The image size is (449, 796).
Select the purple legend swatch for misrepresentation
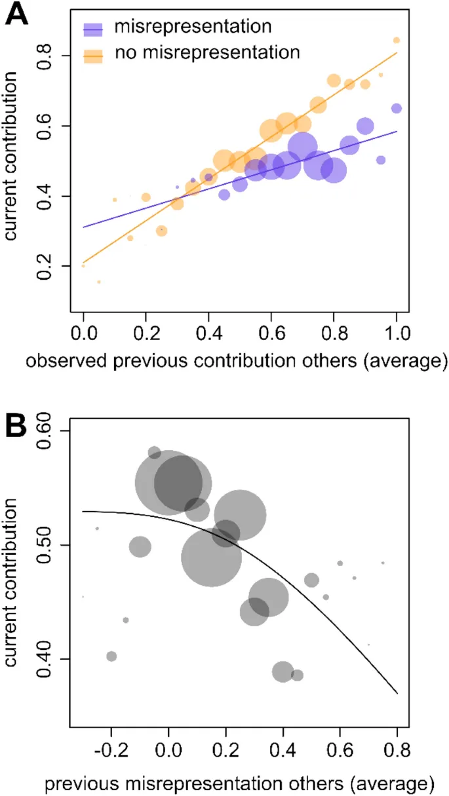pyautogui.click(x=94, y=29)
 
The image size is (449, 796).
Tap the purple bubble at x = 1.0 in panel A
pyautogui.click(x=397, y=109)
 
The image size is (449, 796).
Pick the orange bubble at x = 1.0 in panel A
pyautogui.click(x=397, y=41)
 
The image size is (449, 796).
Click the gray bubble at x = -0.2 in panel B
pyautogui.click(x=111, y=656)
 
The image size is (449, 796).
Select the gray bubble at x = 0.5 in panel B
pyautogui.click(x=312, y=580)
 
